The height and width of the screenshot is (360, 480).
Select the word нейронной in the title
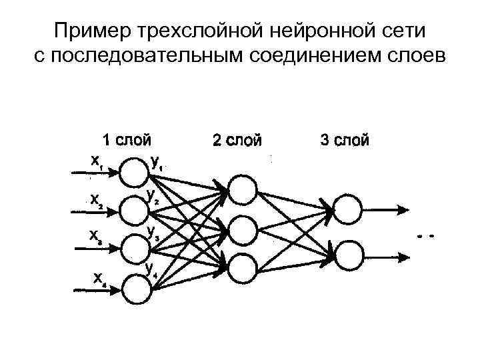tap(301, 31)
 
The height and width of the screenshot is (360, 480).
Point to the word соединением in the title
tap(305, 55)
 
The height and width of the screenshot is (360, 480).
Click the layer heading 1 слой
tap(126, 141)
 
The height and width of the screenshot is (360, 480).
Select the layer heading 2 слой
tap(236, 141)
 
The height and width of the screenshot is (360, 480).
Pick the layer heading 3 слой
tap(344, 141)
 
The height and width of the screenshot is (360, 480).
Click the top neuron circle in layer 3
tap(348, 208)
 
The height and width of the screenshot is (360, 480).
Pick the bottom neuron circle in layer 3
tap(348, 256)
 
